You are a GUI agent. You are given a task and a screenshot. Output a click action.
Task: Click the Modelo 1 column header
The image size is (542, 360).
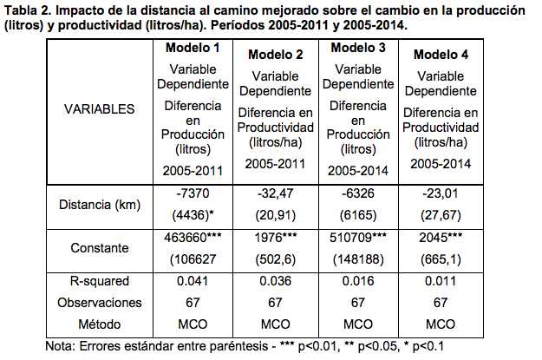[x=193, y=47]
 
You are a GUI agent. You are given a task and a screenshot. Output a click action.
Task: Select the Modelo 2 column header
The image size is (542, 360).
[x=275, y=55]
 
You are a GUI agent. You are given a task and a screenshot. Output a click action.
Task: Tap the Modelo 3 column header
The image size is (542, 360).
[x=358, y=47]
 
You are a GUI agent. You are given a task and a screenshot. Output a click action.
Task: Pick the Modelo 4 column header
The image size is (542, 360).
[x=441, y=55]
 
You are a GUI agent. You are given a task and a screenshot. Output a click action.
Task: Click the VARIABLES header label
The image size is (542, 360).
[x=100, y=110]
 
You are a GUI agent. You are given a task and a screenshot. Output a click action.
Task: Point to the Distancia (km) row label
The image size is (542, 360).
[x=100, y=205]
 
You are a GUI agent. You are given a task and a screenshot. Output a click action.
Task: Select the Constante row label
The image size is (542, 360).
[x=100, y=247]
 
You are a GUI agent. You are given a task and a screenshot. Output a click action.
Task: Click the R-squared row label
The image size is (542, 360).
[x=100, y=281]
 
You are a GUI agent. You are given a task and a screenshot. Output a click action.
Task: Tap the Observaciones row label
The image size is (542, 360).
[x=100, y=303]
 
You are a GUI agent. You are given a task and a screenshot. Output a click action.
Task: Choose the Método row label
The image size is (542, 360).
[x=100, y=324]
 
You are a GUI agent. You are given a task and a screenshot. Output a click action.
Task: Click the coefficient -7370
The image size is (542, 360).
[x=193, y=192]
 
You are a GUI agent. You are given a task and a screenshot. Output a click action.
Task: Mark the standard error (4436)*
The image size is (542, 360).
[x=193, y=213]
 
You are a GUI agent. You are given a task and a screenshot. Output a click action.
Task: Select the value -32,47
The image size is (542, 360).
[x=275, y=192]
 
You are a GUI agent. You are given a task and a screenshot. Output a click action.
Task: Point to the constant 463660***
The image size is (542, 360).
[x=193, y=236]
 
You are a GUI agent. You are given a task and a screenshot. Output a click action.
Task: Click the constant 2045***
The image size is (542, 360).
[x=441, y=236]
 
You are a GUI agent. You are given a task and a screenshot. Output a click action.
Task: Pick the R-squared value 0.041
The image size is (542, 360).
[x=193, y=281]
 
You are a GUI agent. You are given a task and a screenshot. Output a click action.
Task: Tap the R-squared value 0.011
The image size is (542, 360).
[x=441, y=281]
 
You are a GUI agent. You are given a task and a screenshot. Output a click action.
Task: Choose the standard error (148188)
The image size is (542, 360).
[x=358, y=258]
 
